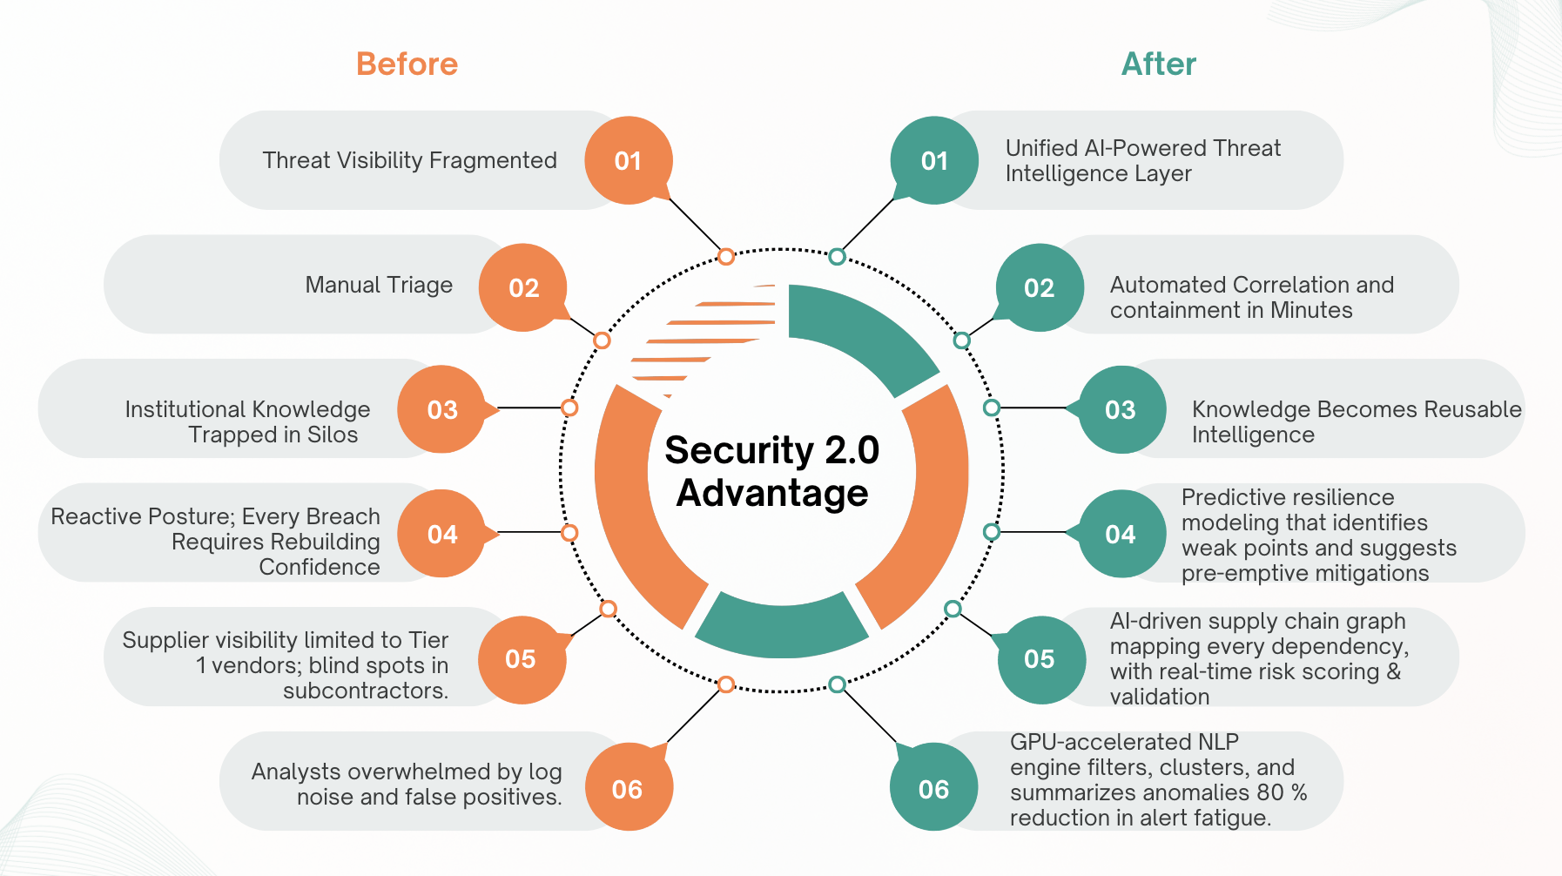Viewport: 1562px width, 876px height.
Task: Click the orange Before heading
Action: [407, 64]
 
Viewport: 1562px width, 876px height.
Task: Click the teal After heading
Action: [1158, 64]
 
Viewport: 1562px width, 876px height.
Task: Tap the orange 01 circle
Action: [628, 160]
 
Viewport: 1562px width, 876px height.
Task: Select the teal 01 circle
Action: [934, 160]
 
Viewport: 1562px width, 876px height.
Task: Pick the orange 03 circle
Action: [441, 409]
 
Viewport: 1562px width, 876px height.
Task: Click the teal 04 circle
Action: [1121, 534]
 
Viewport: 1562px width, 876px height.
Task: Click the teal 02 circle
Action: [1040, 287]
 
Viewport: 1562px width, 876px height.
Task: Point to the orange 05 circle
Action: [522, 659]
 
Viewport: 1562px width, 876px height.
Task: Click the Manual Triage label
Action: [379, 285]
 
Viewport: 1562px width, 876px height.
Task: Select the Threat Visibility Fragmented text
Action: [409, 160]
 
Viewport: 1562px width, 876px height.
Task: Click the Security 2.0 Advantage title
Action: [772, 471]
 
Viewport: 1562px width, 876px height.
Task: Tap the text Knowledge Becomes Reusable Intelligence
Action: [1356, 421]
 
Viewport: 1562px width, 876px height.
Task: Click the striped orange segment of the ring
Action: [705, 340]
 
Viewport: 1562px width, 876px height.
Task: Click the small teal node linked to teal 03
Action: [992, 408]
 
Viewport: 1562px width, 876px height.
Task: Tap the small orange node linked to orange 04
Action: [569, 533]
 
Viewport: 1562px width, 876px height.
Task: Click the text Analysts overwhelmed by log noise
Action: [407, 784]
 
